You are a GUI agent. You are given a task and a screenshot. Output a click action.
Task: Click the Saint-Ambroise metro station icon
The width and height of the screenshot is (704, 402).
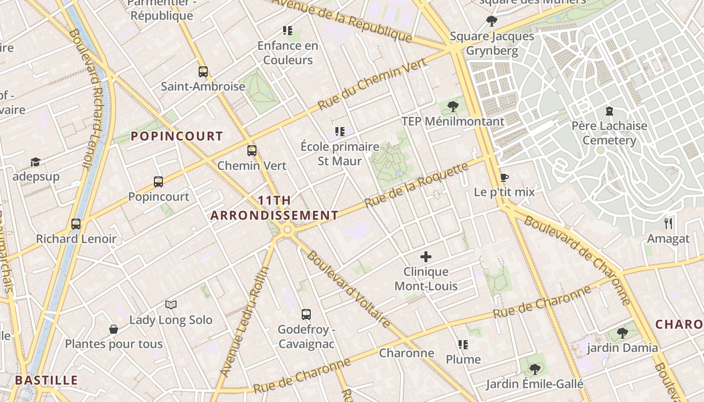pyautogui.click(x=203, y=72)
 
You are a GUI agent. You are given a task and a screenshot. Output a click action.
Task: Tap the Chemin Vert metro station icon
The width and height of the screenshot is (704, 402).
pyautogui.click(x=252, y=151)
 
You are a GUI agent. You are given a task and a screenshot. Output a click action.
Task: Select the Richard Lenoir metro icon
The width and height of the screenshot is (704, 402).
pyautogui.click(x=76, y=224)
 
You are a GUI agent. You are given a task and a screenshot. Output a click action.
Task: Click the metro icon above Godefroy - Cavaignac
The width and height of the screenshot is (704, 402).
pyautogui.click(x=306, y=315)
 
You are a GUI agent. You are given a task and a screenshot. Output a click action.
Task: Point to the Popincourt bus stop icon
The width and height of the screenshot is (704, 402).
pyautogui.click(x=158, y=182)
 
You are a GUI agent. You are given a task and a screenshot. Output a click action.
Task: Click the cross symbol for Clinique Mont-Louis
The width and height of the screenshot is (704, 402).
pyautogui.click(x=426, y=257)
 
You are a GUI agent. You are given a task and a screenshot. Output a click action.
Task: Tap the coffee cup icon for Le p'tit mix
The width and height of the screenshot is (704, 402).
pyautogui.click(x=504, y=177)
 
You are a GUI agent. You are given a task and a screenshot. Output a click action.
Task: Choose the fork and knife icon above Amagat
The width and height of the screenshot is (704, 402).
pyautogui.click(x=668, y=224)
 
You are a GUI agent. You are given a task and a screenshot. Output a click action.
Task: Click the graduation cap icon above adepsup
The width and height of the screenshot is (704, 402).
pyautogui.click(x=35, y=162)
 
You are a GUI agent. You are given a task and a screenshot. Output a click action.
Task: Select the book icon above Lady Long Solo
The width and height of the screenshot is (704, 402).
pyautogui.click(x=171, y=305)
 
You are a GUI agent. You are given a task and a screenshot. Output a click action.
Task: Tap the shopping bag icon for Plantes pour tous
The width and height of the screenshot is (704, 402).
pyautogui.click(x=114, y=329)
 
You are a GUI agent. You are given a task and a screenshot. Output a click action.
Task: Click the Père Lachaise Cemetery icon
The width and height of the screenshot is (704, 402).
pyautogui.click(x=609, y=111)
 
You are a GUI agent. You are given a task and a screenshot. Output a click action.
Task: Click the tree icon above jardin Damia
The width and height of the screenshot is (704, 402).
pyautogui.click(x=622, y=333)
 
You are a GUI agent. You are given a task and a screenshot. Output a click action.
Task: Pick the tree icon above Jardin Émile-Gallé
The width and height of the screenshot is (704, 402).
pyautogui.click(x=535, y=369)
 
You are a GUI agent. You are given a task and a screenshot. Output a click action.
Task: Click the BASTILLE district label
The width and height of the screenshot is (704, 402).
pyautogui.click(x=46, y=380)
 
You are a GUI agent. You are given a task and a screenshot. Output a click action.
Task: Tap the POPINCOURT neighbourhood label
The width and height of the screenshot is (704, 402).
pyautogui.click(x=177, y=136)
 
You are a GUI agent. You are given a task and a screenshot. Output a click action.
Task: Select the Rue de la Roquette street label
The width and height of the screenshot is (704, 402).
pyautogui.click(x=416, y=185)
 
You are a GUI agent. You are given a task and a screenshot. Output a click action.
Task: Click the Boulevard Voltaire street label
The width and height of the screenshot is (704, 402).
pyautogui.click(x=348, y=289)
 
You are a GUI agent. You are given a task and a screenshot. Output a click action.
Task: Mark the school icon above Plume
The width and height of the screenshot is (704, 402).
pyautogui.click(x=463, y=345)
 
